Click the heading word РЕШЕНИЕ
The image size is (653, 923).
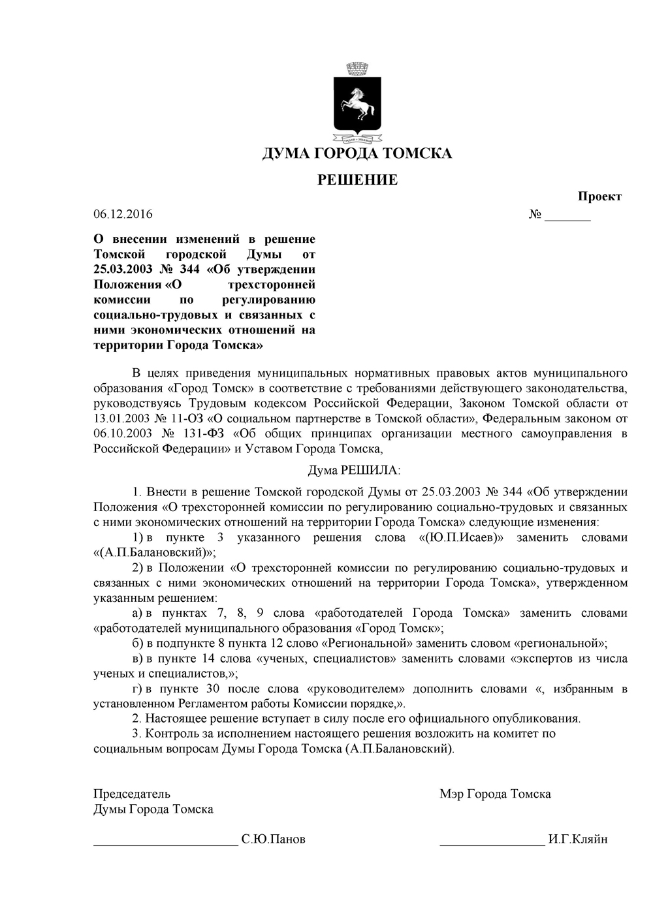point(357,180)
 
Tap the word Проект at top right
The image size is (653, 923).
point(599,196)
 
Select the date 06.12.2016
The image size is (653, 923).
point(123,214)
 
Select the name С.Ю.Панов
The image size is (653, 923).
point(273,839)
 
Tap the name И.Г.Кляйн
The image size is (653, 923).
point(578,839)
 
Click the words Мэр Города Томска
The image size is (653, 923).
point(495,794)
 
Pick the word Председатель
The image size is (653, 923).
point(132,794)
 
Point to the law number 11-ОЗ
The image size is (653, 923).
point(192,419)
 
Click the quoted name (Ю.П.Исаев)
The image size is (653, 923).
point(464,538)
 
